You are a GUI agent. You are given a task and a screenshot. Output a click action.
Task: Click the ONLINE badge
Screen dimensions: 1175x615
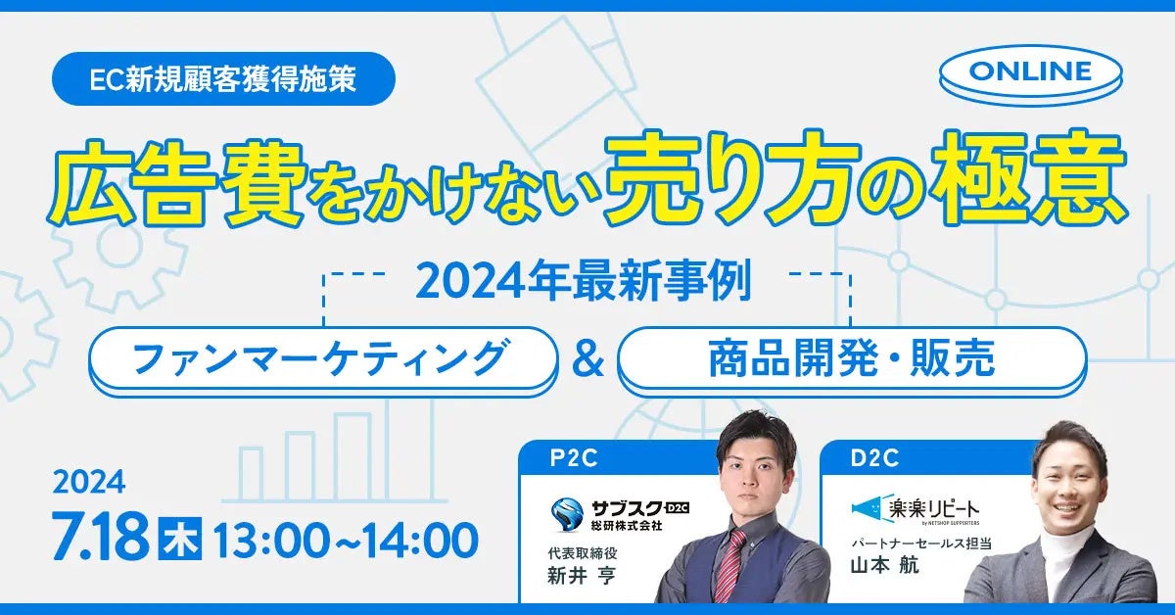click(1031, 74)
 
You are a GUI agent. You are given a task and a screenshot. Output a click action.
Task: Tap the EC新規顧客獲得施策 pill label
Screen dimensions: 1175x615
click(223, 78)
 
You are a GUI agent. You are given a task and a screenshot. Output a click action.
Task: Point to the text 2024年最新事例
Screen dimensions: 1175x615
click(584, 282)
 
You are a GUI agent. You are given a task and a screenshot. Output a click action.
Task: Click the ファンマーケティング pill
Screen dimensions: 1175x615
click(322, 360)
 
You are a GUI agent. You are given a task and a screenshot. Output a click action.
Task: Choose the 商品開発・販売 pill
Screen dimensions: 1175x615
click(852, 360)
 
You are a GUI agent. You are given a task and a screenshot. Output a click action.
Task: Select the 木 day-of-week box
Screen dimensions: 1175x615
click(180, 539)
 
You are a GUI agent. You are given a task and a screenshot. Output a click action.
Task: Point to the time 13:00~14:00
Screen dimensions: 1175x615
click(346, 540)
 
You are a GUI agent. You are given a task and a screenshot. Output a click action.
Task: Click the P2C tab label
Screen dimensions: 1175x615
click(574, 458)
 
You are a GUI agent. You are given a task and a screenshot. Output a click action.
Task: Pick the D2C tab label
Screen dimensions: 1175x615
click(874, 458)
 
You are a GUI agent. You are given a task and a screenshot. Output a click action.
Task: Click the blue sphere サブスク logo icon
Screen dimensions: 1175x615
click(567, 514)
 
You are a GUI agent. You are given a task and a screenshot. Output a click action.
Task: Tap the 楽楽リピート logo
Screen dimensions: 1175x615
click(916, 510)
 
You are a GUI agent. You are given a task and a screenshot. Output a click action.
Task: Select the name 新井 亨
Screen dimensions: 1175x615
click(582, 576)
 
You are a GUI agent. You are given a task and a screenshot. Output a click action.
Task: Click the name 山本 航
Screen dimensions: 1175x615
click(884, 565)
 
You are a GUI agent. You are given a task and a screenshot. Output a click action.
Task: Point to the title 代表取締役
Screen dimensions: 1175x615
click(583, 553)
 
